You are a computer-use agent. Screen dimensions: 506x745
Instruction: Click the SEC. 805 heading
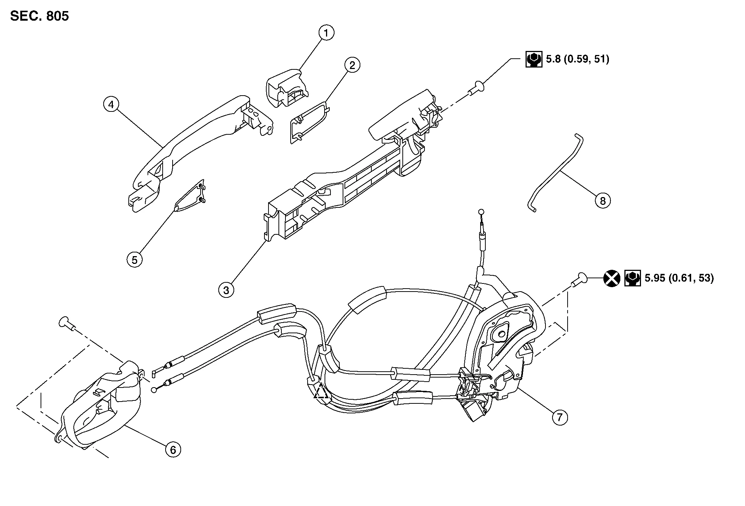39,16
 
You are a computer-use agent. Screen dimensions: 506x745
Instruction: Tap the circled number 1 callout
326,33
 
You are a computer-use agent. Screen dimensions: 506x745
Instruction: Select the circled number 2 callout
352,65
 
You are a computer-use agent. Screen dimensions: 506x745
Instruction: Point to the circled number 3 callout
226,290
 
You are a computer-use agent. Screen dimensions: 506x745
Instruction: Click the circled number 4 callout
111,104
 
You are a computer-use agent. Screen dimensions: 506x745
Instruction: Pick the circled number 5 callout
135,260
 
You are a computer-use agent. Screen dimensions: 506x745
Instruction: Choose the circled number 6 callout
173,450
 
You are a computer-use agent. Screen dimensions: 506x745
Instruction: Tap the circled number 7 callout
560,417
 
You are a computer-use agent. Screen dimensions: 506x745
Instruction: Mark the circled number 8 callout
603,201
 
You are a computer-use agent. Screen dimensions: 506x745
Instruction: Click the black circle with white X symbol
611,278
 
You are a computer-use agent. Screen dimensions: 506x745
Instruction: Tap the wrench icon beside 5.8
534,59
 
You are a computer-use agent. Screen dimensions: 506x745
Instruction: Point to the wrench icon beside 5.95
633,278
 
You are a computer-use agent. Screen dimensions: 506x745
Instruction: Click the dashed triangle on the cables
321,391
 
